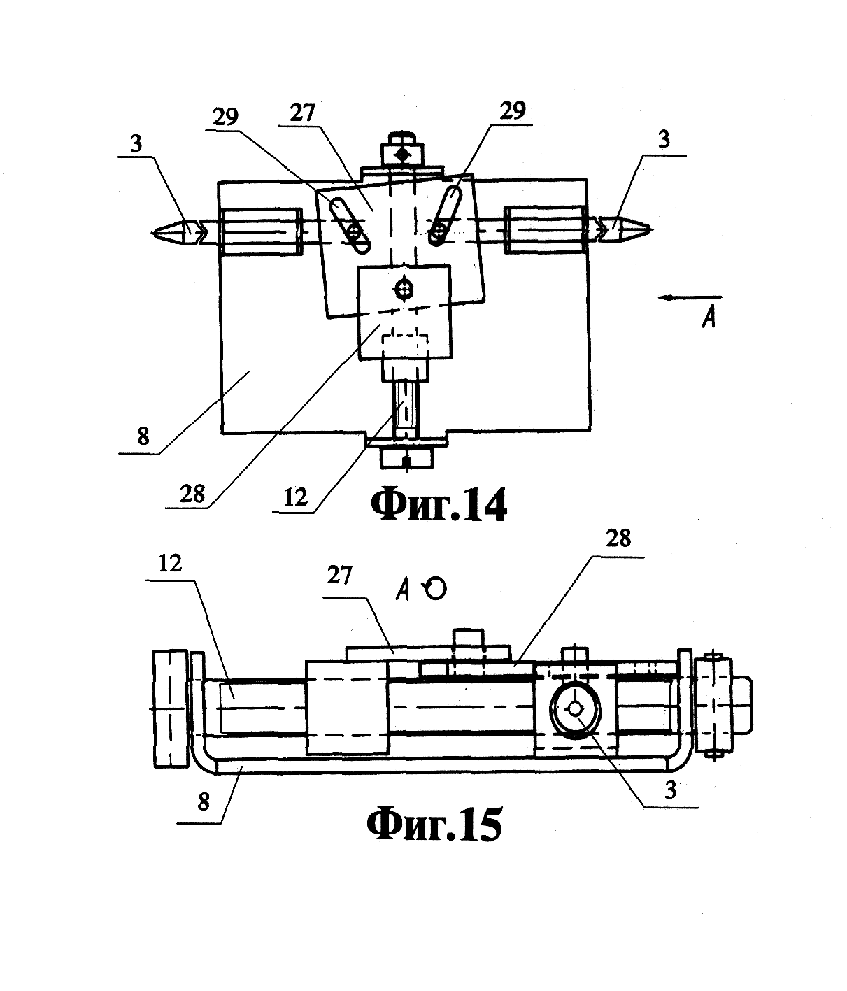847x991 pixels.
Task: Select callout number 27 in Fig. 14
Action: [302, 113]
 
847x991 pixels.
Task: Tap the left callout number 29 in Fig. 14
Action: [225, 117]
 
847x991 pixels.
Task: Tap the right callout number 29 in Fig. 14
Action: [512, 110]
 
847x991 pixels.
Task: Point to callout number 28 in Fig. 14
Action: [192, 494]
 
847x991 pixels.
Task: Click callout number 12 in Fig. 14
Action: [295, 498]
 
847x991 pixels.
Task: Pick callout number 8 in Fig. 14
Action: [143, 437]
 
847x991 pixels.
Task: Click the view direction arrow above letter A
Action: [690, 298]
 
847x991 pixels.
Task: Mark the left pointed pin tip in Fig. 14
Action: [152, 233]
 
